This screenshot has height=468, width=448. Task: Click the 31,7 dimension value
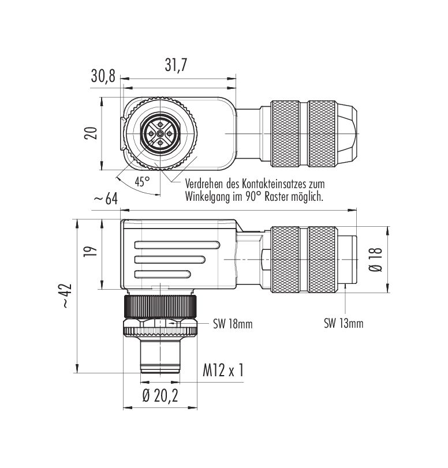click(x=176, y=65)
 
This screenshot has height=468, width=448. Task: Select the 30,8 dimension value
click(x=103, y=76)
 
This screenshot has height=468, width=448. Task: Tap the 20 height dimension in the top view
click(x=91, y=133)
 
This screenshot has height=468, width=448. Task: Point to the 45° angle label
click(x=142, y=181)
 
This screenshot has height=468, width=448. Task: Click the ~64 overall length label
click(x=106, y=199)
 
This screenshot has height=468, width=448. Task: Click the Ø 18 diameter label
click(x=376, y=259)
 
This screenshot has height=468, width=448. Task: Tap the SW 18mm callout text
click(x=233, y=324)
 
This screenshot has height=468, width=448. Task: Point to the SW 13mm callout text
click(x=344, y=323)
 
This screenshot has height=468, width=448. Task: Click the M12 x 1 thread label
click(x=223, y=370)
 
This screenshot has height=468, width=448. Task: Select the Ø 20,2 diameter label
click(x=160, y=396)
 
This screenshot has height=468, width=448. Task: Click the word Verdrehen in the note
click(x=204, y=184)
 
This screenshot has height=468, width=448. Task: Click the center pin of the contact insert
click(x=160, y=134)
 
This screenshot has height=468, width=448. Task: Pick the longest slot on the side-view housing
click(x=177, y=245)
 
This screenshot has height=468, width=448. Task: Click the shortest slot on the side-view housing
click(x=163, y=274)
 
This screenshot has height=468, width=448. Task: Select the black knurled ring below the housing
click(x=160, y=306)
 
